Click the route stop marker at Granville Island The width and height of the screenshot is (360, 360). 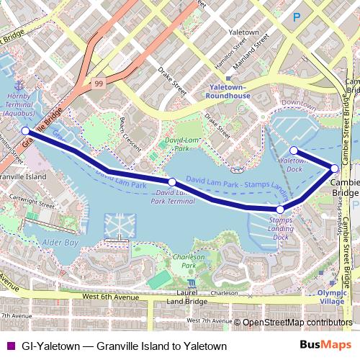tap(26, 131)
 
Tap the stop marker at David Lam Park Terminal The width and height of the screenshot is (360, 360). tap(172, 182)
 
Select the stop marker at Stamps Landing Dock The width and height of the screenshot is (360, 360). tap(280, 210)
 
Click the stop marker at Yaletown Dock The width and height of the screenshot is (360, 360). tap(294, 150)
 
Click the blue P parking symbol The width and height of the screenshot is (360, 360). tap(296, 17)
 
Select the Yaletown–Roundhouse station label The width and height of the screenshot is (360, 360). tap(228, 90)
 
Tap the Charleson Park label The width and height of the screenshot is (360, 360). tap(189, 261)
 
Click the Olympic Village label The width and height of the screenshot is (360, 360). tap(330, 297)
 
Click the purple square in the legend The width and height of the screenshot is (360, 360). tap(10, 346)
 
